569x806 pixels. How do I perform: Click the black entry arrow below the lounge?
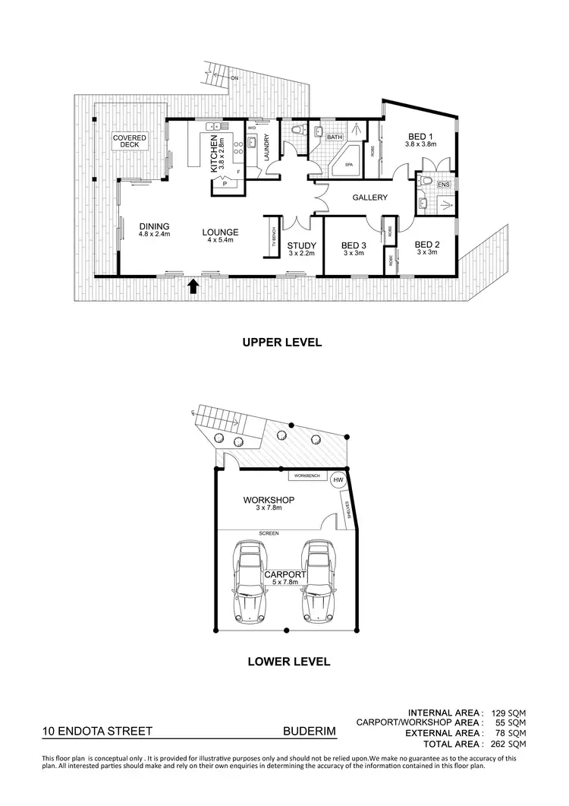tap(193, 285)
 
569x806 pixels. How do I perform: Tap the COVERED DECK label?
tap(130, 141)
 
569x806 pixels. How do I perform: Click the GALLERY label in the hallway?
tap(370, 198)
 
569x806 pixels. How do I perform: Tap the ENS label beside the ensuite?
tap(444, 184)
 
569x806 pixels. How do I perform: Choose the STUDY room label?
tap(301, 245)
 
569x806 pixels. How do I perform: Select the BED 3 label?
tap(354, 245)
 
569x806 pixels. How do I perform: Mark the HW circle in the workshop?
tap(338, 480)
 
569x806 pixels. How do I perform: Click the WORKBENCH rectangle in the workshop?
tap(307, 476)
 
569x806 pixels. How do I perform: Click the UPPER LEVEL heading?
tap(282, 342)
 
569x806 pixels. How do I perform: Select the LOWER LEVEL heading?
tap(288, 661)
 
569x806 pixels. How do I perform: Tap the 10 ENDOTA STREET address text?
tap(97, 732)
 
